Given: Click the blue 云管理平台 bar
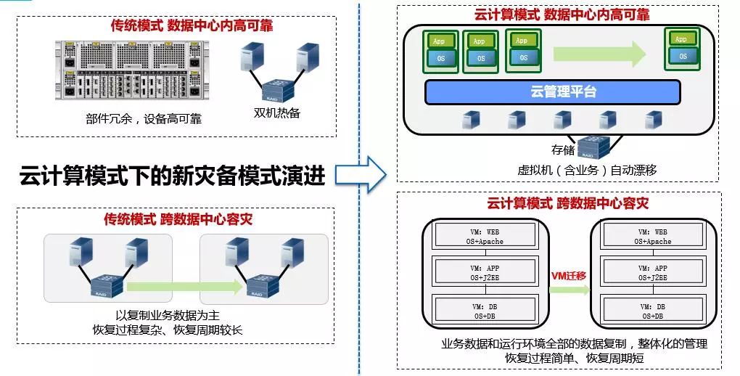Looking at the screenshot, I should pyautogui.click(x=552, y=92).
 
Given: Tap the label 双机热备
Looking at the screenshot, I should pyautogui.click(x=276, y=113).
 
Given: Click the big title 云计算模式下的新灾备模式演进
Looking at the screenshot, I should pyautogui.click(x=172, y=176).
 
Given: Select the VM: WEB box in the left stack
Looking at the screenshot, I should pyautogui.click(x=484, y=235).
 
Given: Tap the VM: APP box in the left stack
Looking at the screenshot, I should pyautogui.click(x=484, y=273).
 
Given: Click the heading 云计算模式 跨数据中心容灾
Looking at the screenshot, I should pyautogui.click(x=567, y=203).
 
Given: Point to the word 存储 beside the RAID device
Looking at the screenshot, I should pyautogui.click(x=562, y=150).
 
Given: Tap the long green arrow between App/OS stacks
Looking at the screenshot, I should pyautogui.click(x=599, y=52).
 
